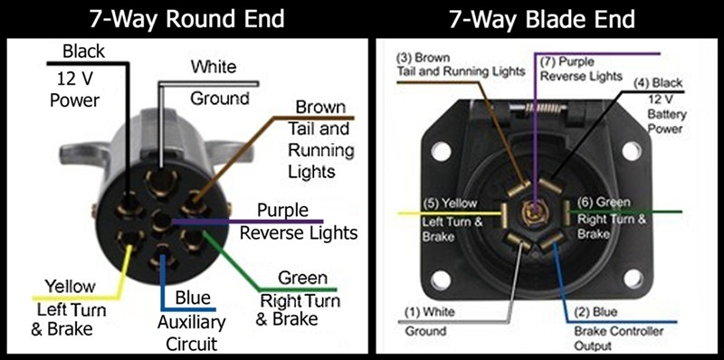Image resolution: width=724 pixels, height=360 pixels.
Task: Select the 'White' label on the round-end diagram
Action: [x=214, y=67]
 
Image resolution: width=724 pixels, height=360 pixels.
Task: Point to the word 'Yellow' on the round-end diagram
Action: [x=70, y=287]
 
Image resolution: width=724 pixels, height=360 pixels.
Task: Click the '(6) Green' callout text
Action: [x=604, y=203]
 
